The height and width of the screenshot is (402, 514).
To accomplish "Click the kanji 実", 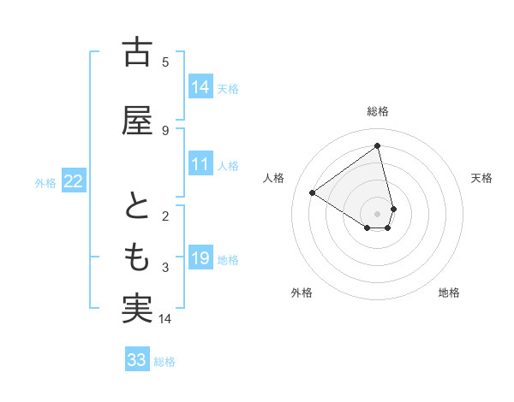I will [x=136, y=308].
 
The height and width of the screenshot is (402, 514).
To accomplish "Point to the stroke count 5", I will [x=165, y=62].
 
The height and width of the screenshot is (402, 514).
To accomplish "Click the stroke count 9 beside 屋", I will [x=165, y=130].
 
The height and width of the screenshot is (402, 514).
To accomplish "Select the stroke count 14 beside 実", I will [x=165, y=319].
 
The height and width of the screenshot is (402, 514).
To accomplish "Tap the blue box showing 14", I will [x=200, y=87].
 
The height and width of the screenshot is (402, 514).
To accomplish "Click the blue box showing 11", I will [x=200, y=164].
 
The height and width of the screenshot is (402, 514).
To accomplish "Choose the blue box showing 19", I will [x=200, y=258].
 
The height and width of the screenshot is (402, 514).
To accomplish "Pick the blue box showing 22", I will [x=74, y=181].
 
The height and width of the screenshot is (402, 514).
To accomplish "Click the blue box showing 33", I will [x=137, y=360].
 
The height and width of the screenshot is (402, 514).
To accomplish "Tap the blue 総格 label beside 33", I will [x=164, y=362].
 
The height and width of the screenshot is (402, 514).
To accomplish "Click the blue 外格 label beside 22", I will [x=45, y=182].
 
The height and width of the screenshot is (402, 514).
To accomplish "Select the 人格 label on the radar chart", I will [x=274, y=178].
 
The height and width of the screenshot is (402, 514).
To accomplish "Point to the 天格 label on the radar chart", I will [x=481, y=178].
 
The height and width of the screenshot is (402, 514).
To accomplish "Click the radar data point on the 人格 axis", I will [x=313, y=192].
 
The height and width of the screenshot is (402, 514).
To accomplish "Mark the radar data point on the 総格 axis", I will [x=378, y=146].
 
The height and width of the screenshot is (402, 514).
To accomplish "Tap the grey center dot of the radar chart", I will [x=378, y=213].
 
